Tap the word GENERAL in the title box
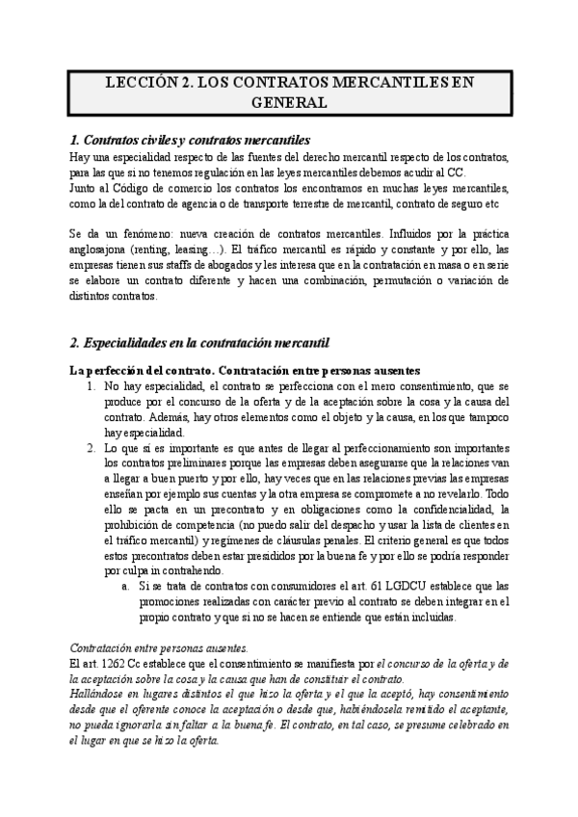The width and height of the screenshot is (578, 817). pos(288,102)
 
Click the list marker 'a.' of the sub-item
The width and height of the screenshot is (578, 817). pos(126,586)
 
